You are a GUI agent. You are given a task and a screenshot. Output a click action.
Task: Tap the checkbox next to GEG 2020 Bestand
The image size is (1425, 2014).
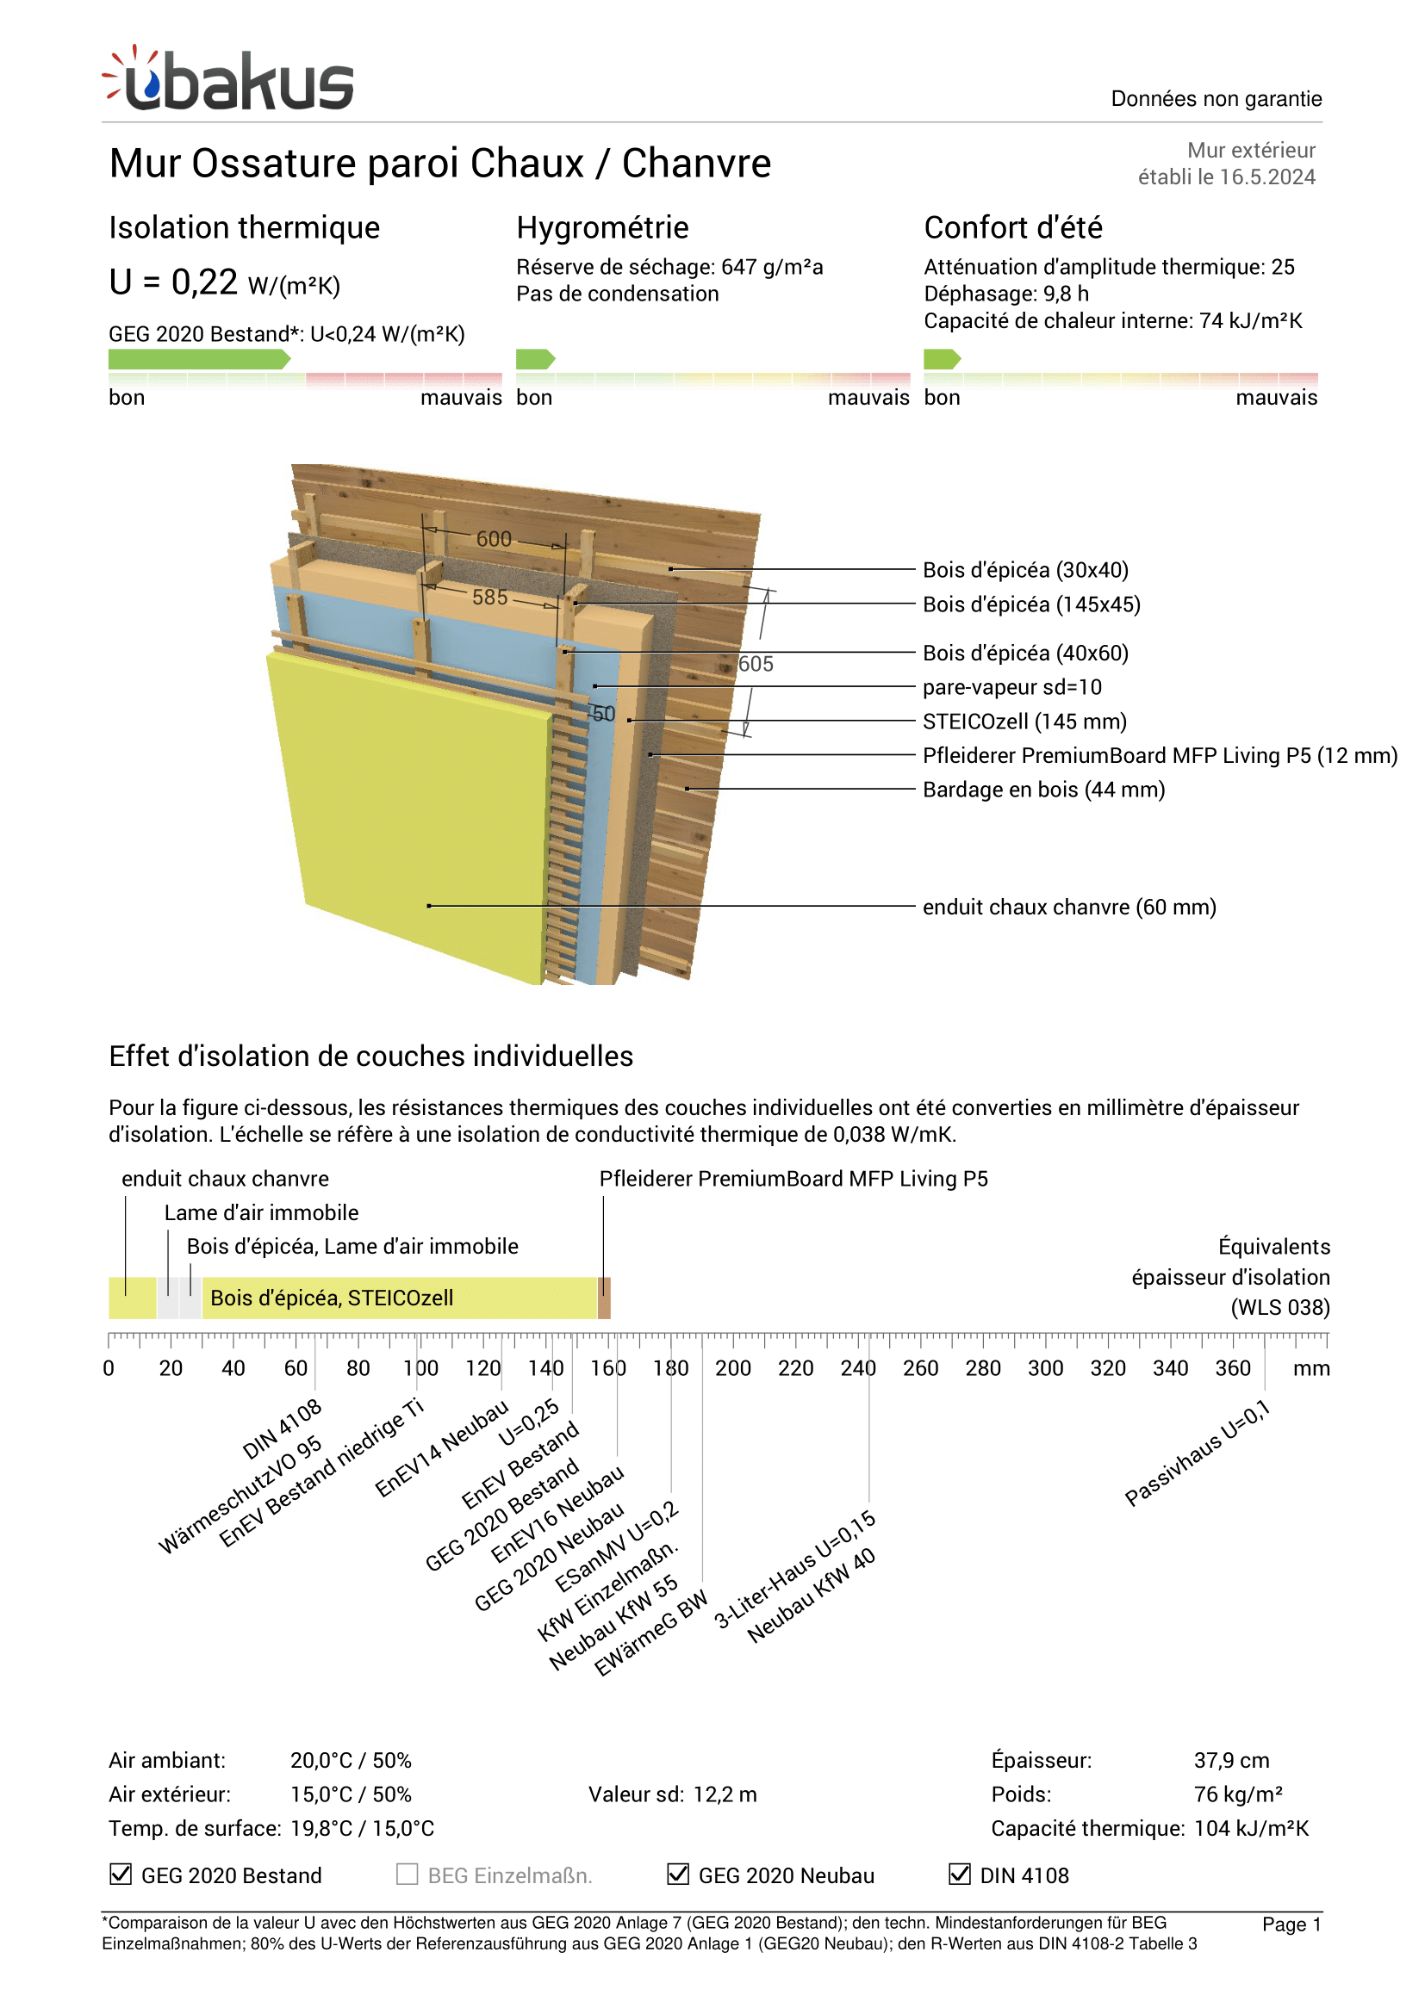[x=121, y=1874]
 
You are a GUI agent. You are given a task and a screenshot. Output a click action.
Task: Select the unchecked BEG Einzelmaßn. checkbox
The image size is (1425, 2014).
[x=408, y=1874]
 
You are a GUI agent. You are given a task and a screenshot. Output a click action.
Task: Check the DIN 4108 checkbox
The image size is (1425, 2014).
[x=960, y=1874]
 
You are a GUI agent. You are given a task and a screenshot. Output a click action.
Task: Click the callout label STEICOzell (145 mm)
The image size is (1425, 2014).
[x=1024, y=721]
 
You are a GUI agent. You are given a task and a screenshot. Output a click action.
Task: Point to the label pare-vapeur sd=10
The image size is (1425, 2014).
[x=1011, y=687]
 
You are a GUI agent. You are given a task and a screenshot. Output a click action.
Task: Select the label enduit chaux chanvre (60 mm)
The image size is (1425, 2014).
[x=1068, y=907]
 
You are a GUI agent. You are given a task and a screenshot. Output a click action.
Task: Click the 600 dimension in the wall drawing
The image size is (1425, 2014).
[x=494, y=538]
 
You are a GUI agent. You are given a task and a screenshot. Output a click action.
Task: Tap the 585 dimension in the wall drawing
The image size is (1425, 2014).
[x=489, y=598]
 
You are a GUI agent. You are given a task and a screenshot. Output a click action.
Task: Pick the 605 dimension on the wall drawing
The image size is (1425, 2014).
[x=756, y=664]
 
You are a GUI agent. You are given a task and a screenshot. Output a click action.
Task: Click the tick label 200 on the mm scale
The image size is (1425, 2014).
[x=732, y=1368]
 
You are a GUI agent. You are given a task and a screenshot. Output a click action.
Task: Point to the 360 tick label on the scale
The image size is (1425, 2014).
[x=1232, y=1368]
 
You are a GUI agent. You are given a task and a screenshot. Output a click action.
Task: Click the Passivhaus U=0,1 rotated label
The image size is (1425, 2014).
[x=1197, y=1453]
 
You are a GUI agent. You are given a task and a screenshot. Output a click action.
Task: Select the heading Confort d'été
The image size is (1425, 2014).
[x=1012, y=227]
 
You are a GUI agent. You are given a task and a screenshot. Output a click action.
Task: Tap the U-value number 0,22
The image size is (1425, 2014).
[x=204, y=282]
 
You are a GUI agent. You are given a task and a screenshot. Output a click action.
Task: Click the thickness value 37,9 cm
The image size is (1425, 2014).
[x=1231, y=1761]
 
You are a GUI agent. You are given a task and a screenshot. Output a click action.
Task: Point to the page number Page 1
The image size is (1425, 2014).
[x=1291, y=1924]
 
